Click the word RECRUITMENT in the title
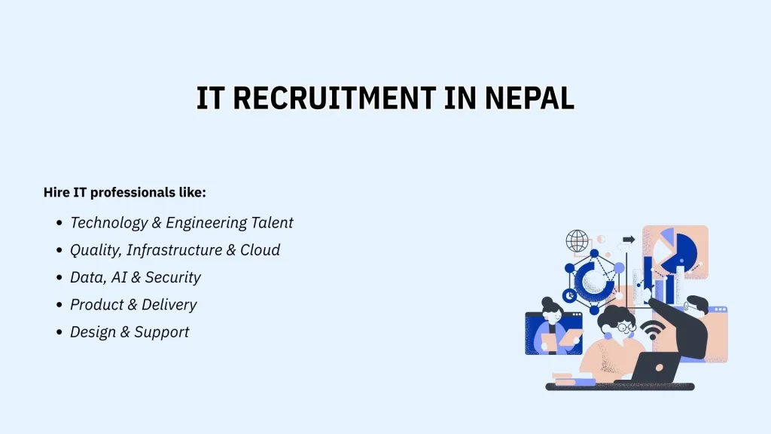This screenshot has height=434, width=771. click(334, 99)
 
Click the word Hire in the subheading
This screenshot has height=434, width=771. click(56, 193)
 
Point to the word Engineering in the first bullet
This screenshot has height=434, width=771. click(206, 223)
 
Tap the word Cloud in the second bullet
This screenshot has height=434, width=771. click(260, 250)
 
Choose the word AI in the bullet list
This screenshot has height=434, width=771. click(119, 277)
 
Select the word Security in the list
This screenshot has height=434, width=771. click(172, 277)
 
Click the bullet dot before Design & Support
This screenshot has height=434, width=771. click(59, 332)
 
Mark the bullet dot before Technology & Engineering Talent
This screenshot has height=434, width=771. click(59, 224)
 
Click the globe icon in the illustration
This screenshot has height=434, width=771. click(577, 241)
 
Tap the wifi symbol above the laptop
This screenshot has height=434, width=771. click(652, 329)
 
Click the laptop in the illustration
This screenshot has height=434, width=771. click(651, 368)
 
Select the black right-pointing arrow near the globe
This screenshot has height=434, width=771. click(629, 240)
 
